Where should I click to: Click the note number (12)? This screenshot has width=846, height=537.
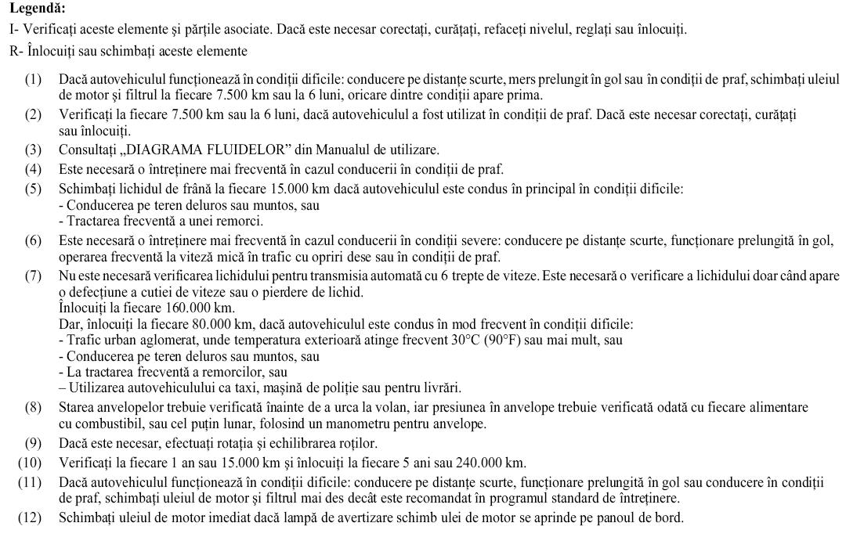click(x=31, y=518)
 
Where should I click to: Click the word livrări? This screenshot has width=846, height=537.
click(x=442, y=388)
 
